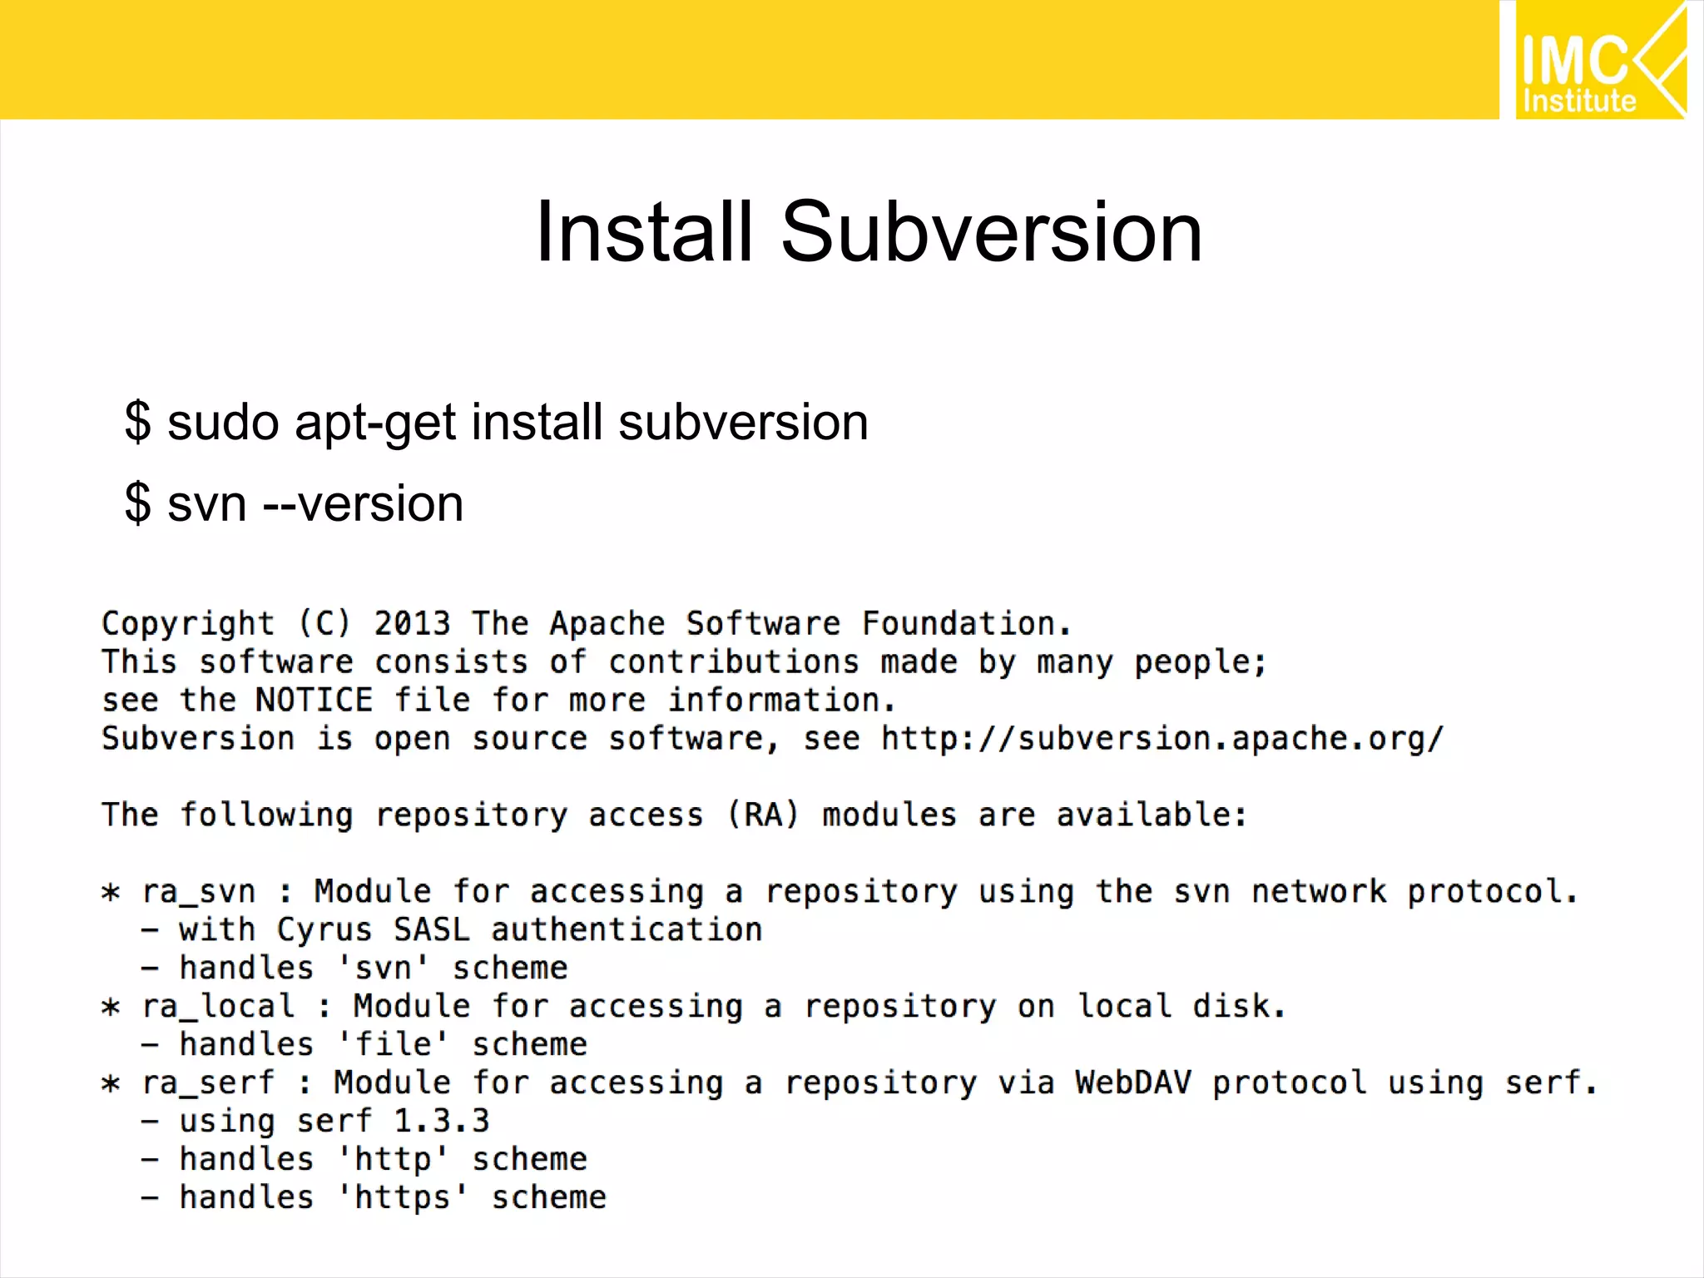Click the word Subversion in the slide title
(991, 232)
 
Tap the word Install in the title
(645, 232)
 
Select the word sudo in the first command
(223, 422)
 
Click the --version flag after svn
(363, 503)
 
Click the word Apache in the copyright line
(607, 623)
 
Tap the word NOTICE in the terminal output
(314, 700)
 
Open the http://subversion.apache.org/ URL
(1162, 739)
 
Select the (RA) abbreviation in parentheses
(763, 815)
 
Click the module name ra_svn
(198, 892)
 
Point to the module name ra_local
(218, 1007)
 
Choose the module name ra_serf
(208, 1083)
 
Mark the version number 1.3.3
(441, 1121)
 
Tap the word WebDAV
(1133, 1082)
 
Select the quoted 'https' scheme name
(403, 1197)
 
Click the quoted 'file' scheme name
(394, 1044)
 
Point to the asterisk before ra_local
(111, 1008)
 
